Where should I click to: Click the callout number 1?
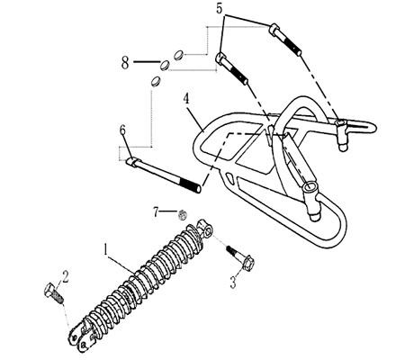106,246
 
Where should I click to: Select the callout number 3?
233,283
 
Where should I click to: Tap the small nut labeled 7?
182,214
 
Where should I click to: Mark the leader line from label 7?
168,211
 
